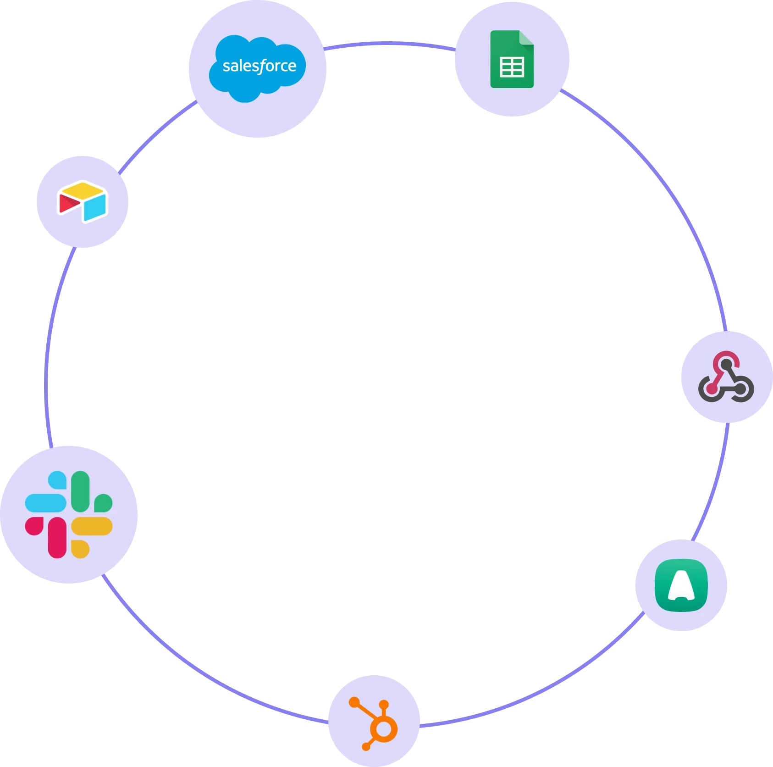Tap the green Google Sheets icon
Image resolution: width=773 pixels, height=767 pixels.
point(512,59)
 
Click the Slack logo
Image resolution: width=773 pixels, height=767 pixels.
point(69,514)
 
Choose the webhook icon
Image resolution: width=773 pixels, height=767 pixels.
point(726,377)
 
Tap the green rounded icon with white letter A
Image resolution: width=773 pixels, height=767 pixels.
point(681,585)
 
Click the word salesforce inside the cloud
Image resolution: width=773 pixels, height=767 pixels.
point(260,66)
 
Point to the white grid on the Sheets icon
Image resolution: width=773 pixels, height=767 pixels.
point(512,67)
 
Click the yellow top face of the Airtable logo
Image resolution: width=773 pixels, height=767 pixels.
point(83,189)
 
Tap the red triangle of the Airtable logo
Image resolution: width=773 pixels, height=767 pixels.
point(69,203)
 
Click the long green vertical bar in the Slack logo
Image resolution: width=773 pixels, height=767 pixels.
point(80,491)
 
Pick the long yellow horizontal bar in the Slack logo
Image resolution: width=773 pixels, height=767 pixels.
point(92,526)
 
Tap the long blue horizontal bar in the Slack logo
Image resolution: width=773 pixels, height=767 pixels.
point(45,503)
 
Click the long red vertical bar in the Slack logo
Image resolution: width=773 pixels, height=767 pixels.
point(57,538)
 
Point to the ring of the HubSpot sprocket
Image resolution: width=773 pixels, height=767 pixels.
point(384,729)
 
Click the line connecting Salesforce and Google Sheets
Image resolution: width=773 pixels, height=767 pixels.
point(390,44)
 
